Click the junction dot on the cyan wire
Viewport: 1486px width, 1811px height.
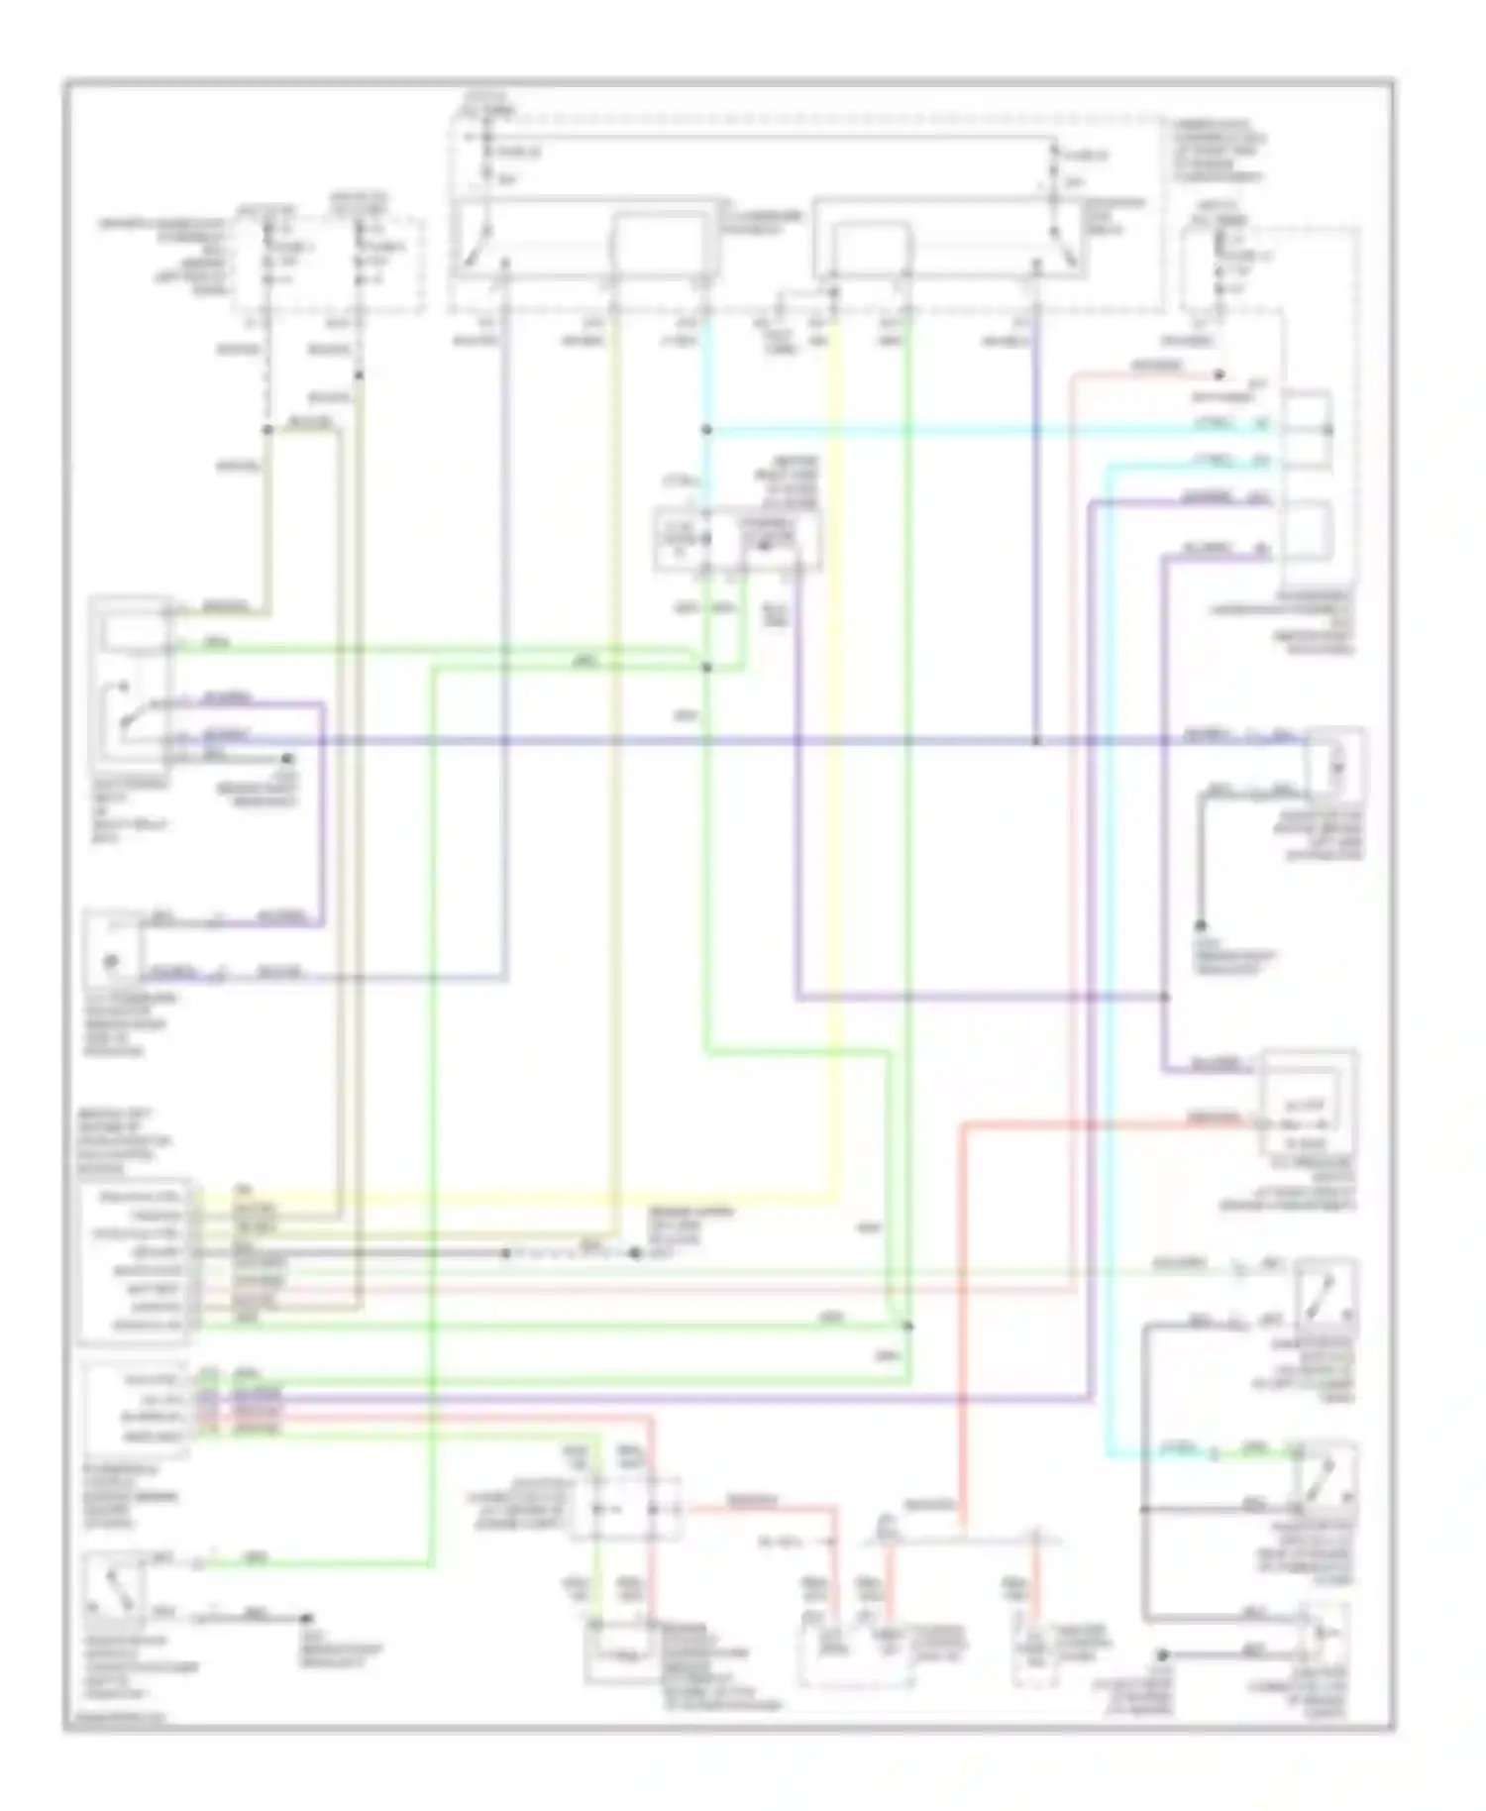point(706,430)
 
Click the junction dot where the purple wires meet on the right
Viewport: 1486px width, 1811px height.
point(1164,997)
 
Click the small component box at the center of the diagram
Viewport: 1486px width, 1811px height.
point(737,540)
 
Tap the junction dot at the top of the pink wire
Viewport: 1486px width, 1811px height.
point(1220,375)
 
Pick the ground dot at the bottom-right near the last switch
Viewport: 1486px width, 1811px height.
point(1163,1654)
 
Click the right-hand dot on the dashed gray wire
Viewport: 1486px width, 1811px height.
point(635,1253)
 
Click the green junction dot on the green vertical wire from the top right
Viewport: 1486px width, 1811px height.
point(907,1326)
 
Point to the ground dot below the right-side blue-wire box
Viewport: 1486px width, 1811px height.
point(1201,925)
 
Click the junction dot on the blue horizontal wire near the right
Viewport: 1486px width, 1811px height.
point(1035,741)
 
